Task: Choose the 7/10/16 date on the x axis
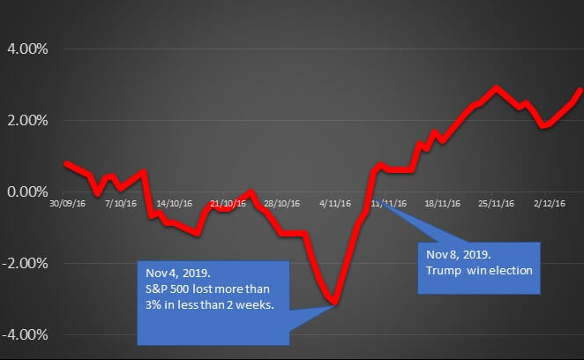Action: coord(120,203)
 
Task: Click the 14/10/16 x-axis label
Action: coord(172,203)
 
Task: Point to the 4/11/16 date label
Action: coord(334,203)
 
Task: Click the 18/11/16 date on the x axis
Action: coord(442,203)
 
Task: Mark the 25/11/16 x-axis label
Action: coord(496,203)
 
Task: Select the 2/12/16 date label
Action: coord(548,203)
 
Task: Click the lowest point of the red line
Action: coord(335,304)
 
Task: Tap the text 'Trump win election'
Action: coord(479,269)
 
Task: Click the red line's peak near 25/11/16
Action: coord(496,88)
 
